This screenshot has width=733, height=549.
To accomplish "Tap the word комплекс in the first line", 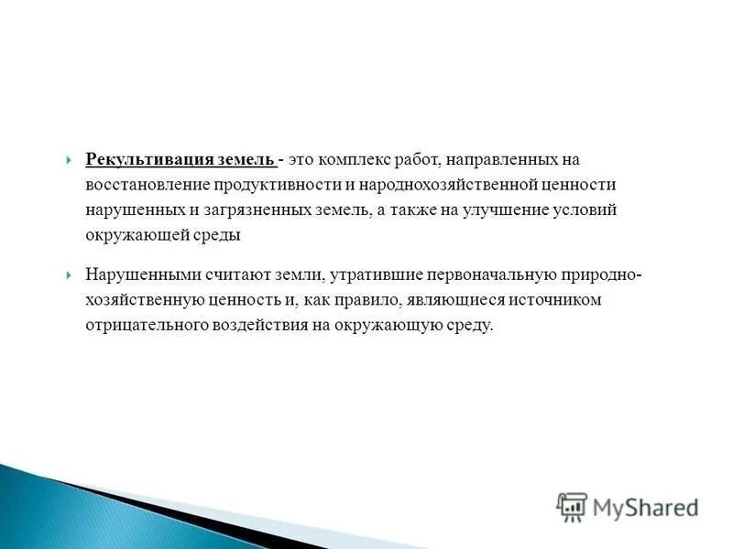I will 353,160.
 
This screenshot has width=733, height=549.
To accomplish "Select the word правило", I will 349,299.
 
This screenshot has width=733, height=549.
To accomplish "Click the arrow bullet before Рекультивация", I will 71,160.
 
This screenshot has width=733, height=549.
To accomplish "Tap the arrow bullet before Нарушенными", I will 71,274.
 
